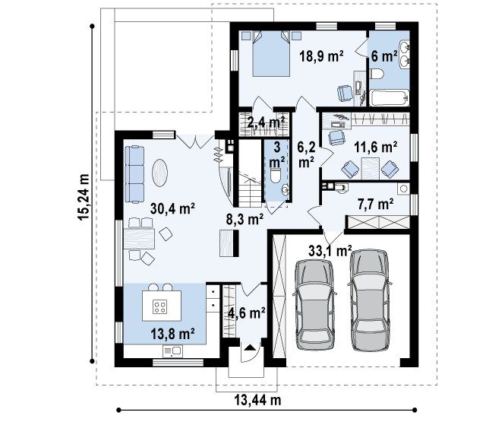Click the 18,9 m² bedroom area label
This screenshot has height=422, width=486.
click(321, 56)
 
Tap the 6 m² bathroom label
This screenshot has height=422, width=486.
click(384, 56)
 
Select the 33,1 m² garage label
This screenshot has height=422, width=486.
click(330, 250)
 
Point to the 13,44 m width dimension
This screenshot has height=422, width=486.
click(257, 400)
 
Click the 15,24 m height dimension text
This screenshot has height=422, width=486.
click(84, 197)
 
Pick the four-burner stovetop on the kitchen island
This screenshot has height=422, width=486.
click(160, 306)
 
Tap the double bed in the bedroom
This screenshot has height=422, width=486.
click(271, 53)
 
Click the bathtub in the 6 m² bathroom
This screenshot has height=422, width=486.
click(390, 98)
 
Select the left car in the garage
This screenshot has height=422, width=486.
click(314, 304)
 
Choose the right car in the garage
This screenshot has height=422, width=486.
click(370, 300)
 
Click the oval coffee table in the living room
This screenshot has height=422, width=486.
click(160, 173)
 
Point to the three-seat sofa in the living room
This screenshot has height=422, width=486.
click(134, 174)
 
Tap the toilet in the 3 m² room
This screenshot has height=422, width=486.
click(276, 175)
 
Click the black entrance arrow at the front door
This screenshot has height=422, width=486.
click(251, 347)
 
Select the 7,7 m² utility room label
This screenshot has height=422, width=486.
click(376, 205)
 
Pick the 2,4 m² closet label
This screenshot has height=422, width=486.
click(266, 122)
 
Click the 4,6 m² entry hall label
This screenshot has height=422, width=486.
click(246, 313)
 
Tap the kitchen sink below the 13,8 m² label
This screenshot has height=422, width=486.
click(172, 351)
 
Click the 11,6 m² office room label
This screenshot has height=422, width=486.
click(376, 147)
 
